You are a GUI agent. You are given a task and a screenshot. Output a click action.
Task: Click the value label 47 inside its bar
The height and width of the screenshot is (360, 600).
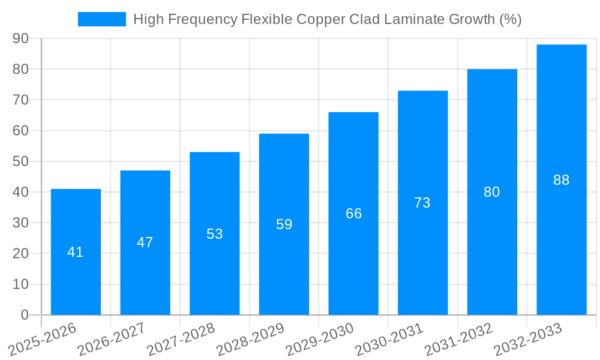tap(145, 242)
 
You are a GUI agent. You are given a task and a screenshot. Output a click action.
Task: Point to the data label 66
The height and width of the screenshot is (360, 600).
tap(353, 214)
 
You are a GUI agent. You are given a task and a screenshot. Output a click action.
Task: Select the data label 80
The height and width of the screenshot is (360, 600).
tap(492, 192)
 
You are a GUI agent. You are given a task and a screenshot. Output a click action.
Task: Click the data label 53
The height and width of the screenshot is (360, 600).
tap(215, 234)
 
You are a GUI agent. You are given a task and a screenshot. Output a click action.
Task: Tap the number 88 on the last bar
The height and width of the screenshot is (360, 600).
tap(561, 180)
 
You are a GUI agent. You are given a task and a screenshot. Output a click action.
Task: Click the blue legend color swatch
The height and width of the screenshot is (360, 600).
tap(102, 19)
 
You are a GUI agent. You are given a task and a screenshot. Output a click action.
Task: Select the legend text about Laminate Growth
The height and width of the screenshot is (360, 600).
tap(327, 19)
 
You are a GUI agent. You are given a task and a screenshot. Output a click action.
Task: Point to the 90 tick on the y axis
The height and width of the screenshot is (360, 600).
tap(21, 38)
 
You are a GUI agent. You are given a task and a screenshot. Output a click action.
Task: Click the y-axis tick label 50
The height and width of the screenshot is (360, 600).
tap(21, 161)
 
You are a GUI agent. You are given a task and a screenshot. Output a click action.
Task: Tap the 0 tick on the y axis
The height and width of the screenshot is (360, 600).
tap(25, 315)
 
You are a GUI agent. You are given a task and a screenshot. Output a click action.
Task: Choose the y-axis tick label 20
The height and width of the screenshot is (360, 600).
tap(21, 254)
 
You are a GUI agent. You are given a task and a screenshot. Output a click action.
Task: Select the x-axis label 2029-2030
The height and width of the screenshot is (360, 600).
tap(320, 339)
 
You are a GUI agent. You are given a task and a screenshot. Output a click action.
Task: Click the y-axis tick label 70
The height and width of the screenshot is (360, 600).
tap(21, 100)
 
